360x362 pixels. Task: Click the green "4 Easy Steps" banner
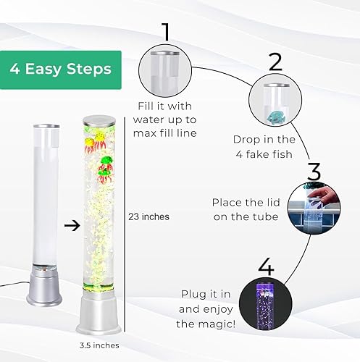[x=61, y=69]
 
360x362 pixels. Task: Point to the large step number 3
[x=313, y=173]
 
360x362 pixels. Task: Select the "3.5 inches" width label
[x=99, y=345]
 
